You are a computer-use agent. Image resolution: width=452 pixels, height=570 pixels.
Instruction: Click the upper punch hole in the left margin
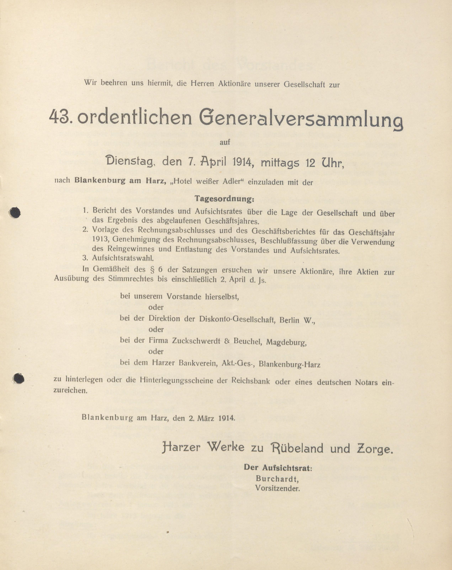(x=15, y=213)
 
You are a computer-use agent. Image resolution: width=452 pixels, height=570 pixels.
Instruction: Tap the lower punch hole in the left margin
(x=19, y=378)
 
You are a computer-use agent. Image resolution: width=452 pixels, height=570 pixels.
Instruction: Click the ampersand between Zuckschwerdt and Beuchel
(x=227, y=341)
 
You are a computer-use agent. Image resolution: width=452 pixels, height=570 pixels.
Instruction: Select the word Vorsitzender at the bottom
(x=278, y=488)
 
